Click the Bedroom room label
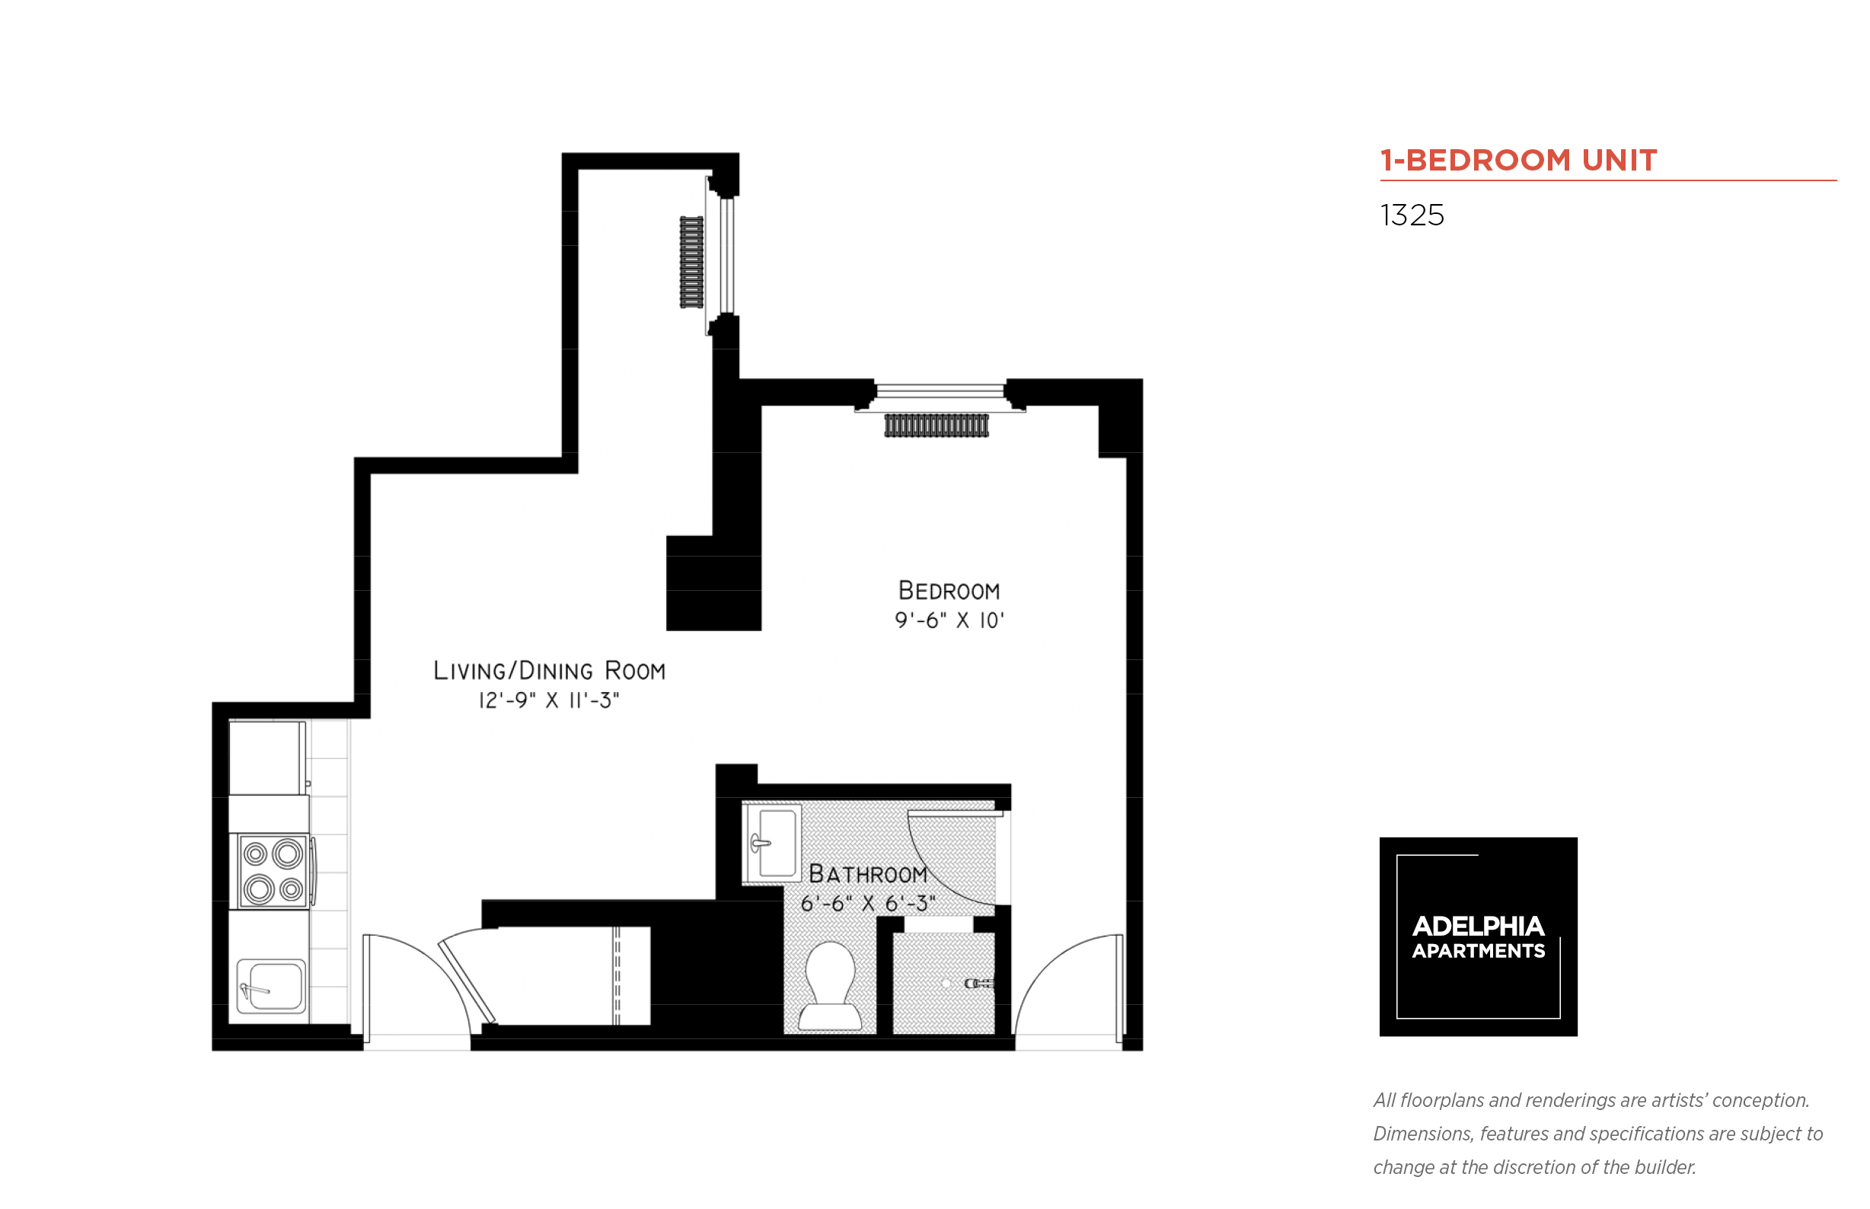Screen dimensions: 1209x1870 coord(949,590)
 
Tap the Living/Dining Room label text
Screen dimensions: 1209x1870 coord(549,671)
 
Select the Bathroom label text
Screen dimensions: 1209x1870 coord(867,874)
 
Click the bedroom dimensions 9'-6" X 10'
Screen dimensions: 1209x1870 coord(949,621)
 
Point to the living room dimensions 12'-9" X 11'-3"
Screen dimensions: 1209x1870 coord(549,700)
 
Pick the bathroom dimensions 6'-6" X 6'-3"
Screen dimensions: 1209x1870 coord(867,904)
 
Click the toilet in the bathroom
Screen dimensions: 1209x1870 coord(829,985)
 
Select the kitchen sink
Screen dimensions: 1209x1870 coord(271,986)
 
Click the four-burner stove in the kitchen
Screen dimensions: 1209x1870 coord(272,872)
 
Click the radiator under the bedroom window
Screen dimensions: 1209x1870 coord(936,426)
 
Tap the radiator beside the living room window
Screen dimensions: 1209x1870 coord(691,262)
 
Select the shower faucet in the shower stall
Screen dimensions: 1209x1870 coord(977,983)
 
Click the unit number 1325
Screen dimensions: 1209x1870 coord(1411,215)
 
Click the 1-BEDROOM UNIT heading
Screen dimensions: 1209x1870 coord(1517,160)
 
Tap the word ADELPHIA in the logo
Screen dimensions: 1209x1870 coord(1477,927)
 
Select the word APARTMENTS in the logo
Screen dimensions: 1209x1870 coord(1477,951)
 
